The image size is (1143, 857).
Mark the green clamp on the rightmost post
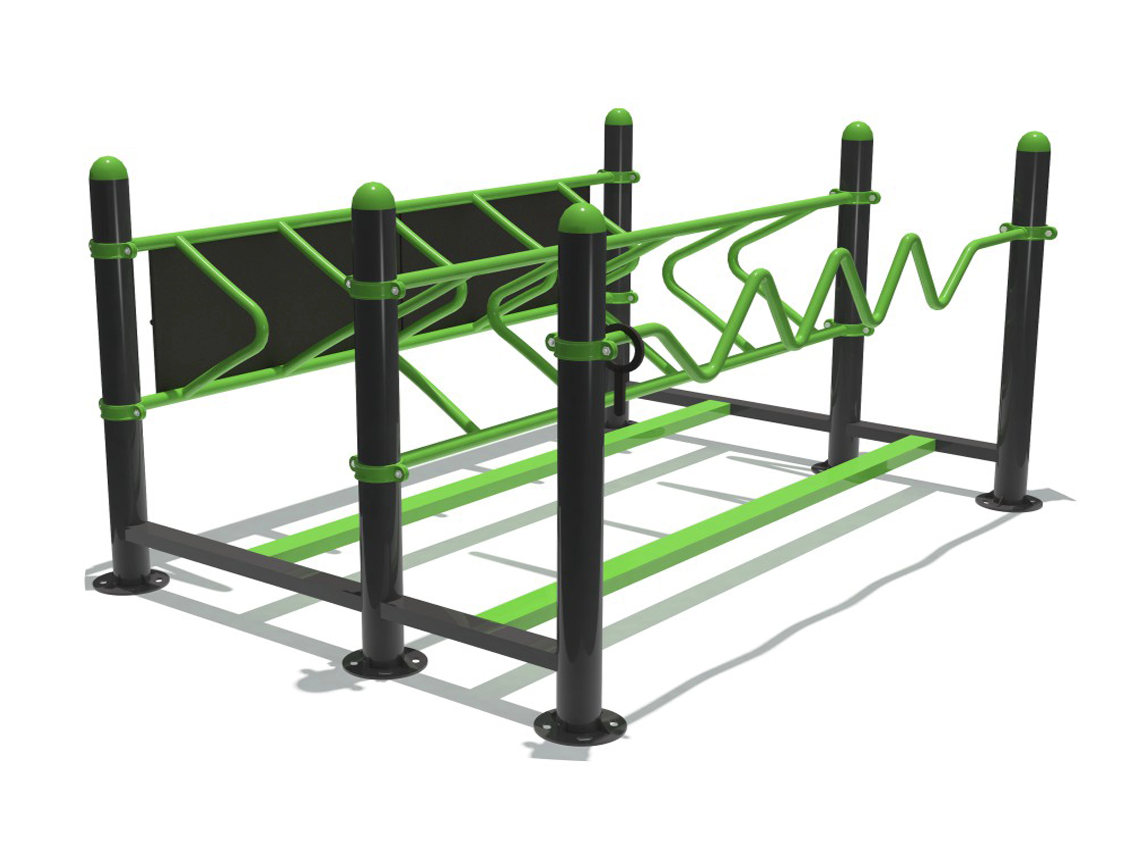1028,232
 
